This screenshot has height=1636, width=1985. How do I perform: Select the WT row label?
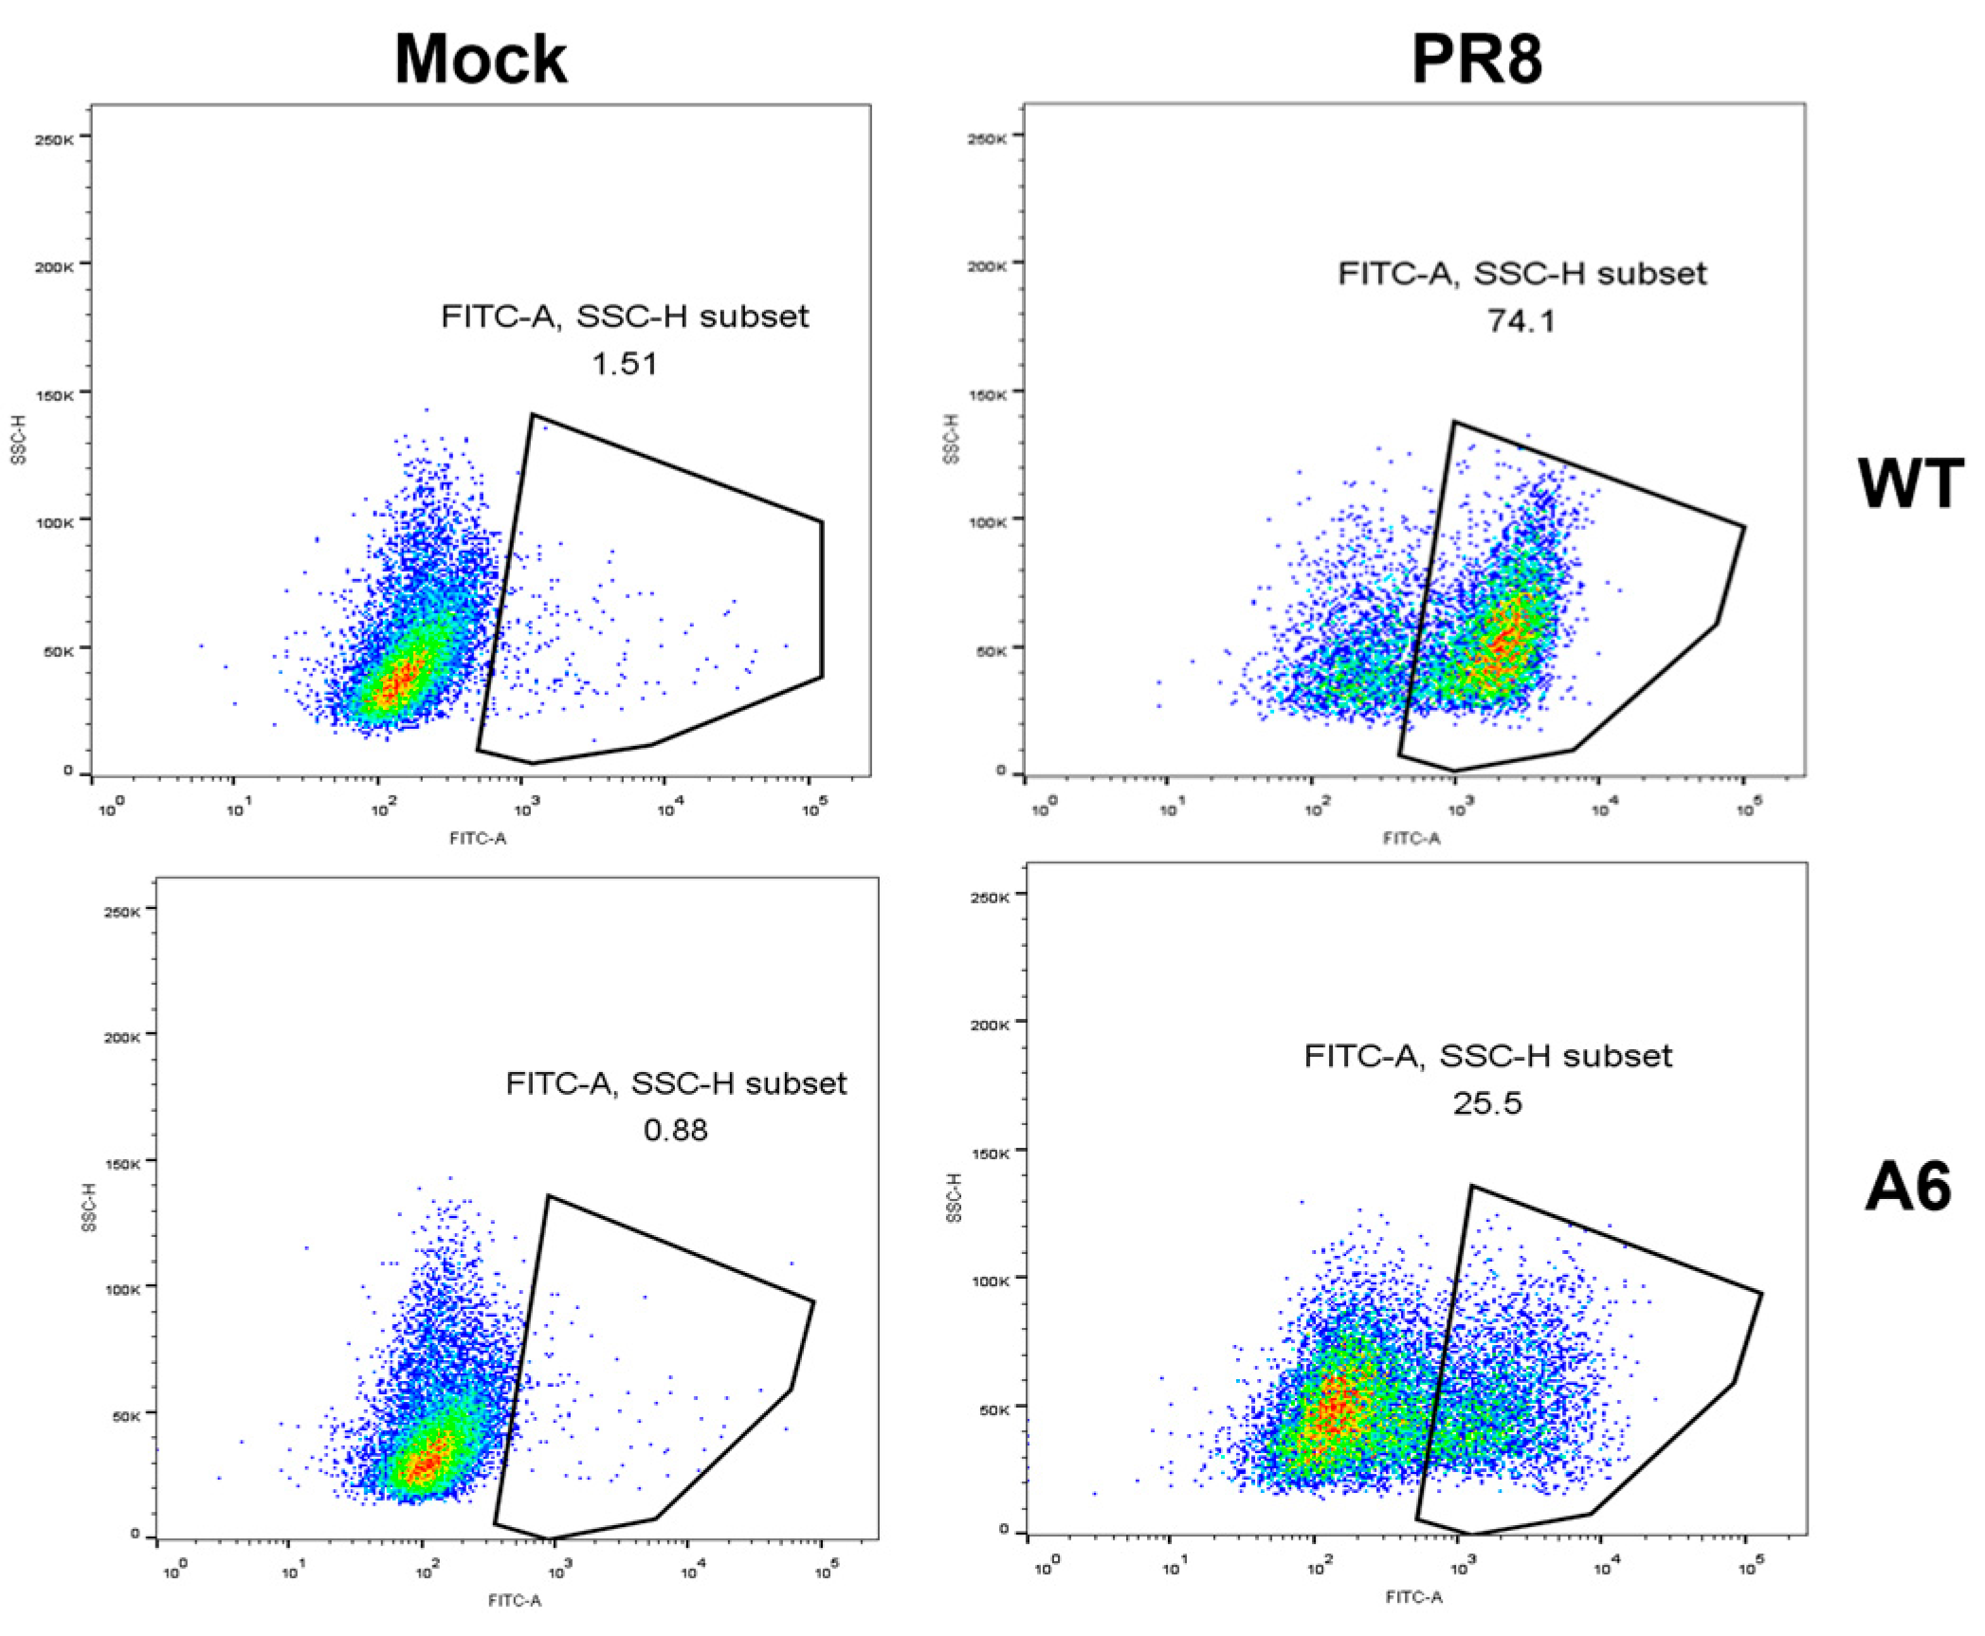(x=1909, y=484)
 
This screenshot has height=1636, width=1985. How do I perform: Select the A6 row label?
(x=1907, y=1188)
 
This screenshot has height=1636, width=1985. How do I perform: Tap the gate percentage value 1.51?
(x=624, y=364)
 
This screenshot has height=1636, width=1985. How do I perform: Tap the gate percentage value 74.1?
(x=1521, y=321)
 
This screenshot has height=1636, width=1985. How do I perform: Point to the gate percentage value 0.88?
(x=675, y=1130)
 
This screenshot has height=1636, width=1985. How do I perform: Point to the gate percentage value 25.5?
(x=1486, y=1103)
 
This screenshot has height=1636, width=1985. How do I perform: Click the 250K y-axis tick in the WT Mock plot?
(x=54, y=140)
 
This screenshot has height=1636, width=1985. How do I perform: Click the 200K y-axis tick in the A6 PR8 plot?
(x=991, y=1025)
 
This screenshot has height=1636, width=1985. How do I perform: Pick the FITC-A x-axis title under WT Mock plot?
(x=478, y=838)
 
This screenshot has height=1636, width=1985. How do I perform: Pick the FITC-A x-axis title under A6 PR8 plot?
(x=1413, y=1597)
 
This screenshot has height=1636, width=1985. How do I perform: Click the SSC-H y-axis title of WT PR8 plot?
(x=952, y=439)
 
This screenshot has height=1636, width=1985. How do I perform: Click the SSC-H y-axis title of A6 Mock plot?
(x=89, y=1208)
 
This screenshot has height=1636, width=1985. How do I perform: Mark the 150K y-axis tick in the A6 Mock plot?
(x=122, y=1164)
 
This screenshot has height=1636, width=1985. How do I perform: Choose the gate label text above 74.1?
(x=1521, y=274)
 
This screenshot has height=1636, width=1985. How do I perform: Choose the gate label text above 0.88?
(x=675, y=1083)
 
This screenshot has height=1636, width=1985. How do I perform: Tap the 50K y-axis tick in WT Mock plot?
(x=56, y=652)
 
